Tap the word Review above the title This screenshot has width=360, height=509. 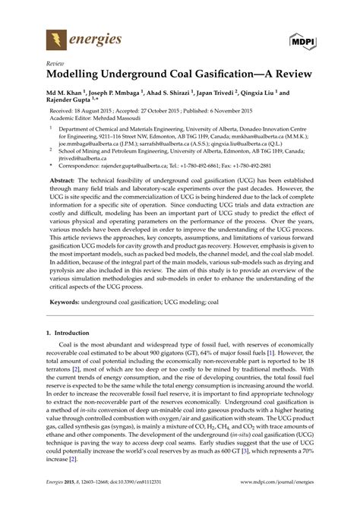[55, 65]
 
